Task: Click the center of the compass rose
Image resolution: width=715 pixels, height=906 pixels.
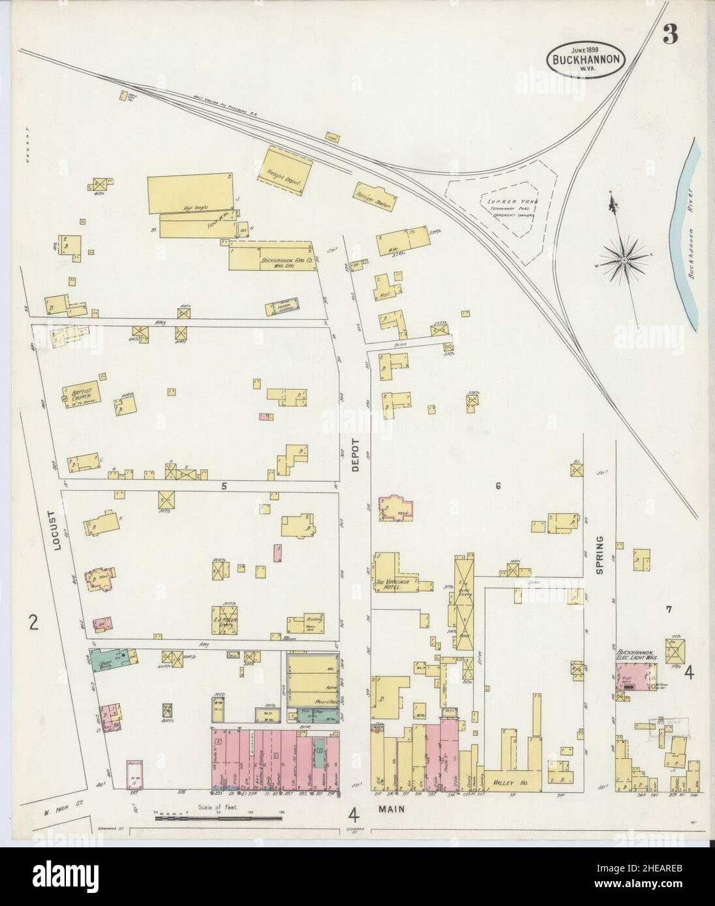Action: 623,261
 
